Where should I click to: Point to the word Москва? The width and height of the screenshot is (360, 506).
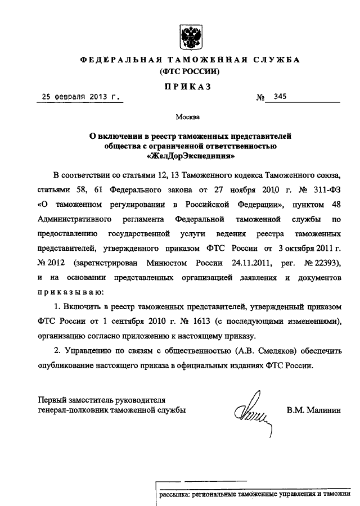[187, 118]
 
